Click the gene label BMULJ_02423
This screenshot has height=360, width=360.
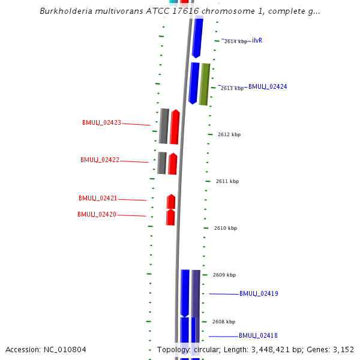101,122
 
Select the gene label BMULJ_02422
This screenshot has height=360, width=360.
100,160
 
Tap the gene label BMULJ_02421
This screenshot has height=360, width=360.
98,198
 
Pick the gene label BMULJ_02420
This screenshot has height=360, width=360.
97,214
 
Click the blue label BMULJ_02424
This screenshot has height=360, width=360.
268,87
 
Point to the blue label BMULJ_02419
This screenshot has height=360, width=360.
259,294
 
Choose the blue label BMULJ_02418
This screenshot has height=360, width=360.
258,335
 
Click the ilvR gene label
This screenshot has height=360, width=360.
257,40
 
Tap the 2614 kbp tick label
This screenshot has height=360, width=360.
235,41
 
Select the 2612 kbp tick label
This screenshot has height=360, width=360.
229,134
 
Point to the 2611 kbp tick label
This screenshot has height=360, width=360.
227,181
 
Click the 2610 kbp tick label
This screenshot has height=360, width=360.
226,228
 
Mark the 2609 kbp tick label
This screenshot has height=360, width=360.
224,275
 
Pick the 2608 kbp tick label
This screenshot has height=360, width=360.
224,322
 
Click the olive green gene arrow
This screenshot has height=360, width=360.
205,84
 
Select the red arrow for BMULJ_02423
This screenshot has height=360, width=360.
175,127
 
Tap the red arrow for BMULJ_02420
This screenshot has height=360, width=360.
170,217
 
